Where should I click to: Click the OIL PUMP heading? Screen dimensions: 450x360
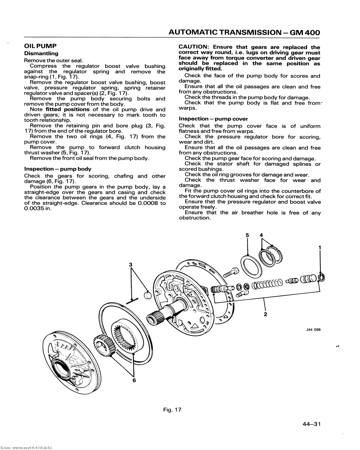click(40, 46)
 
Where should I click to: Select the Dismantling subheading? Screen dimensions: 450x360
click(41, 54)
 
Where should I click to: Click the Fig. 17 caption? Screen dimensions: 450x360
click(173, 409)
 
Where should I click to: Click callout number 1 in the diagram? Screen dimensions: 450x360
click(319, 247)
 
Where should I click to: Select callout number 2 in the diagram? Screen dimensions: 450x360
click(265, 314)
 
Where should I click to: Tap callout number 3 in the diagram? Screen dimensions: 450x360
click(131, 264)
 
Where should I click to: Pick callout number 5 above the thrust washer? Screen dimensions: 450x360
click(247, 235)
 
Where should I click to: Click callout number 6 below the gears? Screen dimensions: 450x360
click(134, 380)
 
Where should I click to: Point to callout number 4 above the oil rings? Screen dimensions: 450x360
click(261, 235)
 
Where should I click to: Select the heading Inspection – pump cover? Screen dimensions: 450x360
click(213, 119)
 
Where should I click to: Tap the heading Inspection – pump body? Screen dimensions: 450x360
click(58, 169)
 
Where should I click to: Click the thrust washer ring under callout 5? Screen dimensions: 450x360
click(251, 265)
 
